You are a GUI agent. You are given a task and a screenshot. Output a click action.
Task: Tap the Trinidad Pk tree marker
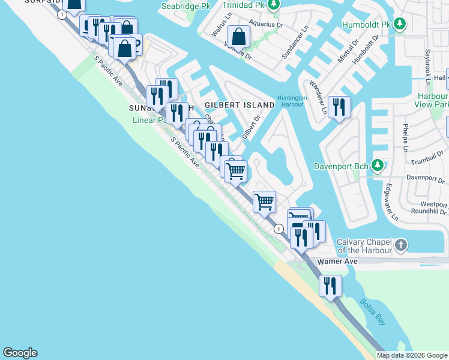tap(274, 5)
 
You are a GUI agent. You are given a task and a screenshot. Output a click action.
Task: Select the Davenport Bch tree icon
tap(378, 164)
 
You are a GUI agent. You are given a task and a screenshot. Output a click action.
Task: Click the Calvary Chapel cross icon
tap(402, 245)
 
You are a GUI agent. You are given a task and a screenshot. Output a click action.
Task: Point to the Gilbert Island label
tap(240, 105)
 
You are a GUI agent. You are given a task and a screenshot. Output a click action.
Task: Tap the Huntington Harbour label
tap(292, 101)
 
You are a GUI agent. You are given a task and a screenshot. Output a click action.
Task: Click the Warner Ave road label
tap(337, 262)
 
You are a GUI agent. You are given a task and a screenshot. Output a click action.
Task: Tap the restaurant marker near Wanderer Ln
tap(339, 107)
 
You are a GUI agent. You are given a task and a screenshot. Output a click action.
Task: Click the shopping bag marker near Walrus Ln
tap(239, 36)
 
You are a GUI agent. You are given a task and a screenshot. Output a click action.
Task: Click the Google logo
tap(20, 353)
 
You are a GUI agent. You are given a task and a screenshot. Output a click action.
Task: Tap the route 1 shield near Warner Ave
tap(279, 229)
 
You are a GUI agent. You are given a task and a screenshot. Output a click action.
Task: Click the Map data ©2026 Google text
tap(412, 355)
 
